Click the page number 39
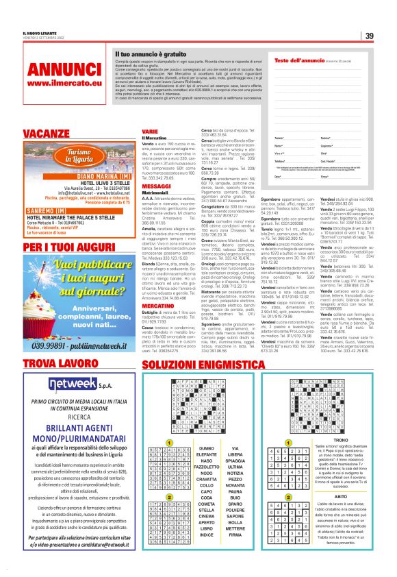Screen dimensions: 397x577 coord(369,36)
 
